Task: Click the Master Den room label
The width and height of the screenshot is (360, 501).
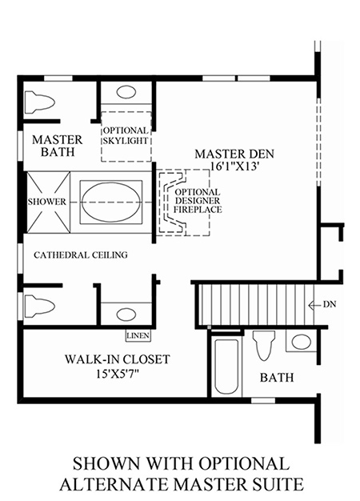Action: [x=234, y=154]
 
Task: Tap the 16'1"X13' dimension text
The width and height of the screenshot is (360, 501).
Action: [x=234, y=166]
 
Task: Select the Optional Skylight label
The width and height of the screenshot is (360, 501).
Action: [x=126, y=135]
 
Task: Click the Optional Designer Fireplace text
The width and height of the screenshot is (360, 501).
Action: [x=198, y=201]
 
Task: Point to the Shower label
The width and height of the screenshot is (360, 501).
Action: [x=47, y=202]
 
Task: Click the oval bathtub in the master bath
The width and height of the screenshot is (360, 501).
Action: [x=111, y=202]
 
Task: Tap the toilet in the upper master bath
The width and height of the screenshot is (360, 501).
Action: [x=40, y=102]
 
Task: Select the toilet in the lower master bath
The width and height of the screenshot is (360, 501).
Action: [x=40, y=306]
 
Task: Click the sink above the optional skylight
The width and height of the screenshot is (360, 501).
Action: [x=126, y=92]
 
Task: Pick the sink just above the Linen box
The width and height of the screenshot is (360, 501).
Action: [x=126, y=315]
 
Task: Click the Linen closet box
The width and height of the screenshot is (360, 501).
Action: [x=138, y=335]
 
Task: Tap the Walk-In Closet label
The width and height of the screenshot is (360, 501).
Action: [x=118, y=359]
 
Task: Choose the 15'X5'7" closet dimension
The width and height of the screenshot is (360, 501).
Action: [x=119, y=373]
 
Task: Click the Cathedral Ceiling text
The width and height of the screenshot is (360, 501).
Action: [x=81, y=255]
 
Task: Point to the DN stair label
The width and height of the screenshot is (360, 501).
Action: [x=330, y=304]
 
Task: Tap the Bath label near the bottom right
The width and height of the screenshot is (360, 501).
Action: [x=277, y=378]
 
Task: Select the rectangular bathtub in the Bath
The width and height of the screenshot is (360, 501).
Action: [x=226, y=367]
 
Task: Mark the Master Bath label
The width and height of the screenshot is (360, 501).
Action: [x=58, y=146]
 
